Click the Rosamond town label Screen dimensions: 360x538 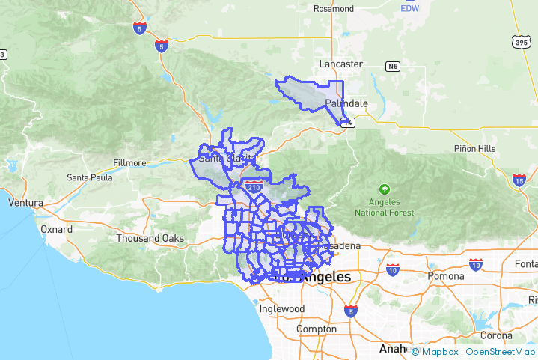[x=334, y=9]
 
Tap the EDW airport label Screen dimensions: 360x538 [x=409, y=7]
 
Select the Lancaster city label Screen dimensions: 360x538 [x=340, y=64]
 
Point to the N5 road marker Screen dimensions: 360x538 [x=393, y=67]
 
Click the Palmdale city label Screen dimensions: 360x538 [x=346, y=103]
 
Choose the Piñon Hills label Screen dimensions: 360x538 [x=474, y=149]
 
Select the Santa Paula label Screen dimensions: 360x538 [x=90, y=177]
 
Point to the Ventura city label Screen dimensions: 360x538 [x=25, y=203]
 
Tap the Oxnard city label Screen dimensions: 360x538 [x=56, y=229]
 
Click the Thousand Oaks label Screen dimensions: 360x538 [x=150, y=238]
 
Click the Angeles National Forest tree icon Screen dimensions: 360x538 [x=385, y=189]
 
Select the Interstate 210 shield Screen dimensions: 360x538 [x=254, y=187]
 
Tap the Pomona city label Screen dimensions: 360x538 [x=447, y=275]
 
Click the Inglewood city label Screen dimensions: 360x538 [x=281, y=308]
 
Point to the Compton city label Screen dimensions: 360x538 [x=317, y=329]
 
